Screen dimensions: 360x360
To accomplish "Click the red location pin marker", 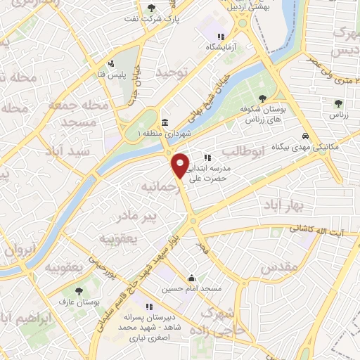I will tap(181, 165).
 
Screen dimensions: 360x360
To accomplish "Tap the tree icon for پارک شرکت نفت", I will tap(152, 8).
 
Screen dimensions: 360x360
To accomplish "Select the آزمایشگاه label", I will tap(220, 46).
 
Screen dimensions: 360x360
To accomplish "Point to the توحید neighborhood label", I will tap(174, 73).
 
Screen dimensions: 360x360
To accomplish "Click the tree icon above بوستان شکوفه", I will tap(262, 98).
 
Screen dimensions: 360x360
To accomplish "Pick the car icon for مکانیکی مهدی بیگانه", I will tap(304, 136).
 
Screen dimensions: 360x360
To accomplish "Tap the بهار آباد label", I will tap(282, 204).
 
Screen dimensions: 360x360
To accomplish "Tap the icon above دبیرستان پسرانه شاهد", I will tap(149, 307).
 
